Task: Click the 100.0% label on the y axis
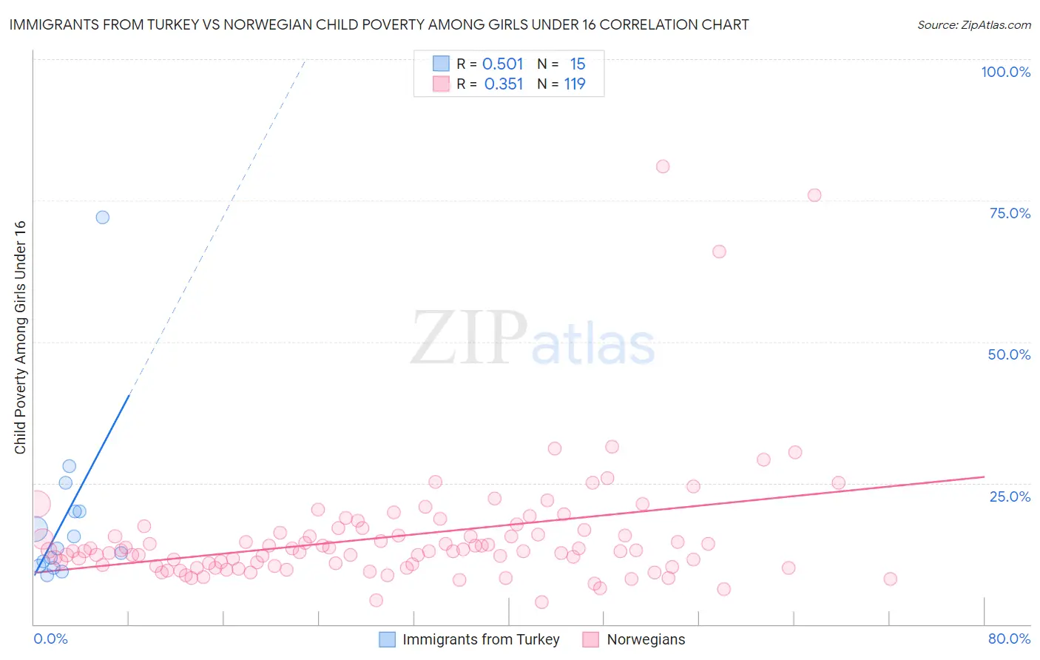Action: coord(1005,72)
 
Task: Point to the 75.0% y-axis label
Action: coord(1010,213)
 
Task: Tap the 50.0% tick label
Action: coord(1009,354)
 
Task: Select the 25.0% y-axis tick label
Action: coord(1010,496)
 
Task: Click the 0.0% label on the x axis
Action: coord(50,639)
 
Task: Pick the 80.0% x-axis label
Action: coord(1009,639)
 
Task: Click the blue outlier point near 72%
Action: coord(103,218)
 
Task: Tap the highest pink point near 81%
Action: coord(663,166)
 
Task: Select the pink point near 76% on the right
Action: coord(814,195)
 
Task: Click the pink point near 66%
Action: coord(719,252)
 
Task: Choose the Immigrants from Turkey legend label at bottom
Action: coord(481,640)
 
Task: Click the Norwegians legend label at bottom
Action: coord(646,640)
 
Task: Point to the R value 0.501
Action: coord(503,64)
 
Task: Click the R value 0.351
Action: coord(504,84)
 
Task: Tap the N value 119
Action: coord(575,84)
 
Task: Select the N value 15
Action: coord(578,64)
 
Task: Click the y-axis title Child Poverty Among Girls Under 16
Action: coord(21,337)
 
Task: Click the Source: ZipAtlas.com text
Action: coord(973,25)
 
